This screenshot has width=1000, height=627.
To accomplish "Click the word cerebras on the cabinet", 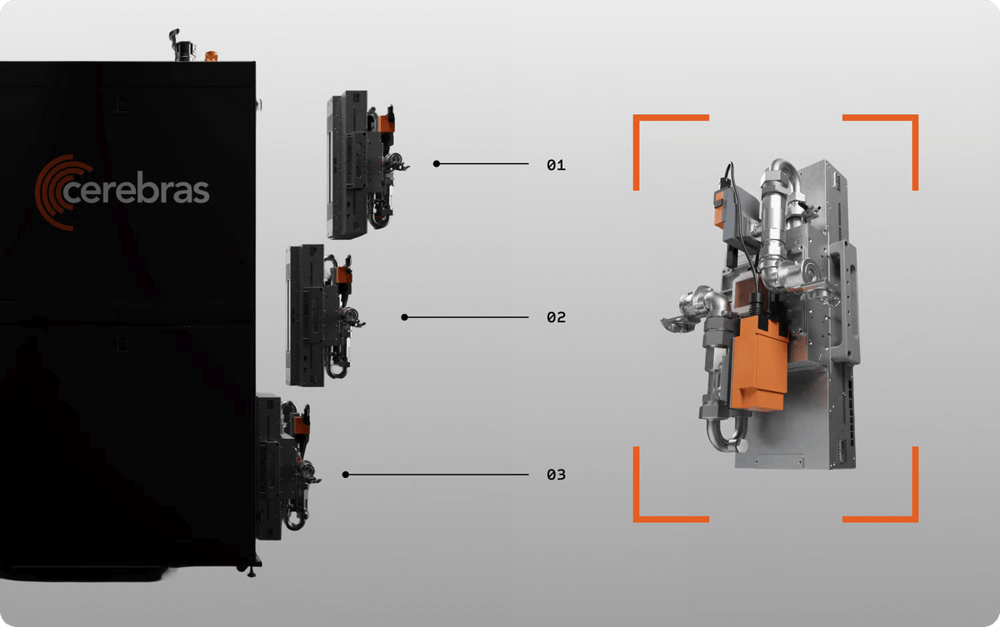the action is (136, 187).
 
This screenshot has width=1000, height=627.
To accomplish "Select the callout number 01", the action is (557, 165).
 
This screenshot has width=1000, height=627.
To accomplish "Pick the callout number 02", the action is (557, 317).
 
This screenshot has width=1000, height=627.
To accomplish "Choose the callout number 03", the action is (557, 475).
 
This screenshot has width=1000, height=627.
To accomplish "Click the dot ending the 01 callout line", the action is (437, 164).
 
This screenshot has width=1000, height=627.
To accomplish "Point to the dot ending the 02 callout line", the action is (404, 317).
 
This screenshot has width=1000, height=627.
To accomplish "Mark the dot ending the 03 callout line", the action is (346, 475).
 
